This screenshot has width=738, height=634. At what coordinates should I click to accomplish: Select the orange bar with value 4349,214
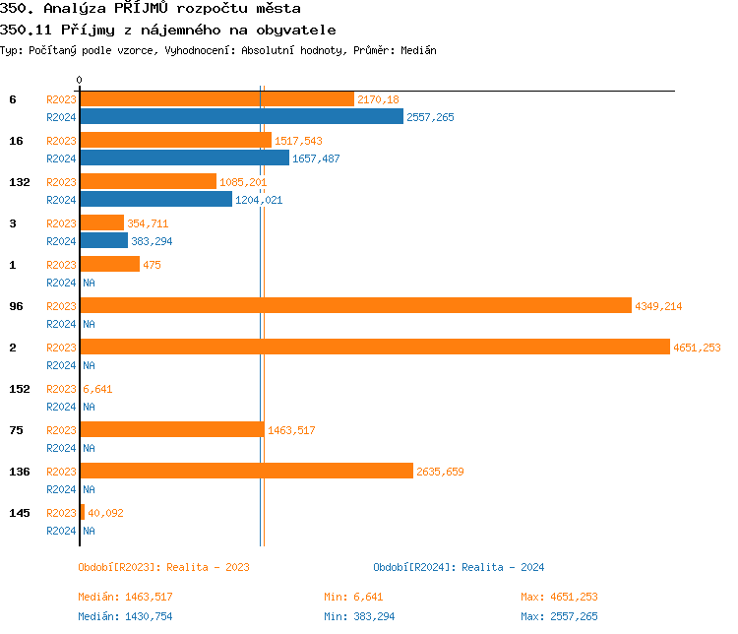pyautogui.click(x=355, y=306)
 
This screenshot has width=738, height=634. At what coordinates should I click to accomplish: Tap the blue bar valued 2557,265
pyautogui.click(x=241, y=117)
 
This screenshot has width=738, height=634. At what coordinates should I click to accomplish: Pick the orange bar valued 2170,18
pyautogui.click(x=216, y=99)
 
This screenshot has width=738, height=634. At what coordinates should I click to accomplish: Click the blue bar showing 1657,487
pyautogui.click(x=184, y=158)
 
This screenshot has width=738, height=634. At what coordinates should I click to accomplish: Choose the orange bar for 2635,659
pyautogui.click(x=246, y=472)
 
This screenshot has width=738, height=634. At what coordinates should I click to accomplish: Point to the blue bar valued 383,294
pyautogui.click(x=103, y=241)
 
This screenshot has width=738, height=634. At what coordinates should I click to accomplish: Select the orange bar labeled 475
pyautogui.click(x=109, y=265)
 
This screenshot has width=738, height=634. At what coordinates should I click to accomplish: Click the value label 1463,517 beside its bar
pyautogui.click(x=291, y=430)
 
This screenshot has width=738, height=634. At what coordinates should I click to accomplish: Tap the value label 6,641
pyautogui.click(x=97, y=389)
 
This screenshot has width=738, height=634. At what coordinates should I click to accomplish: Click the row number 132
pyautogui.click(x=19, y=182)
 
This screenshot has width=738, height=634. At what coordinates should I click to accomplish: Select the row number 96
pyautogui.click(x=16, y=306)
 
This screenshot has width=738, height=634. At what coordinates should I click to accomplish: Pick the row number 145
pyautogui.click(x=19, y=513)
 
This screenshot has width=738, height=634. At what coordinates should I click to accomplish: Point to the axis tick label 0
pyautogui.click(x=80, y=80)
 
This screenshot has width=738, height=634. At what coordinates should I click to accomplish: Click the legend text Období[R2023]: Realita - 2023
pyautogui.click(x=163, y=567)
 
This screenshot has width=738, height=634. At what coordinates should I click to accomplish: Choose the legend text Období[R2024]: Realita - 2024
pyautogui.click(x=459, y=567)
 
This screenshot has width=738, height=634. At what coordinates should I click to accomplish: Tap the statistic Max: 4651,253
pyautogui.click(x=559, y=597)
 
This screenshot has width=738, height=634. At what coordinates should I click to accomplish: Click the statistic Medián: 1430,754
pyautogui.click(x=125, y=616)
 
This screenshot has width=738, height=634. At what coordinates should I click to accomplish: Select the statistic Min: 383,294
pyautogui.click(x=360, y=616)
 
